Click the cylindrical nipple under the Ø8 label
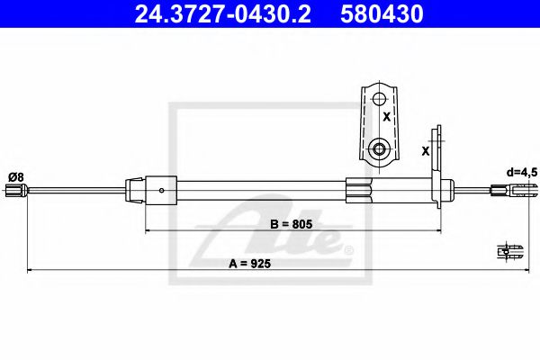(13, 190)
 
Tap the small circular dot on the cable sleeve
(161, 190)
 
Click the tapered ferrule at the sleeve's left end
(132, 190)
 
